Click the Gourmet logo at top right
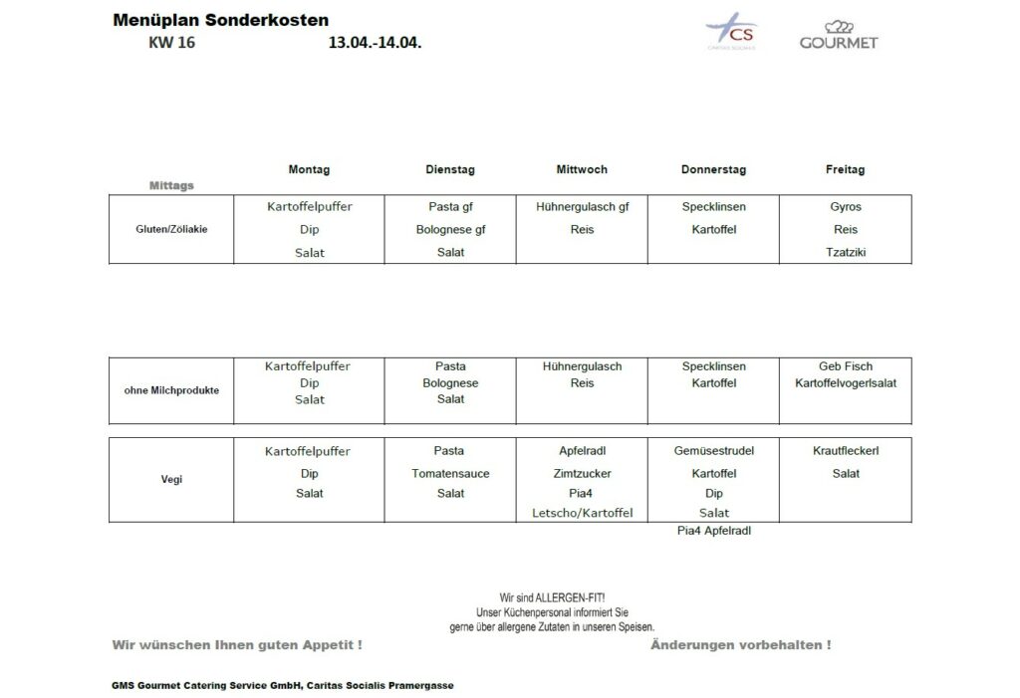point(839,35)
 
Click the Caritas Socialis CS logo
point(732,33)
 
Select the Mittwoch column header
point(582,170)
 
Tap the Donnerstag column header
point(713,170)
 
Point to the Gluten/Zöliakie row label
point(171,229)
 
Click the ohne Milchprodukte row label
point(171,390)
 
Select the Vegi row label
point(171,480)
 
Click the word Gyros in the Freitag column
point(846,207)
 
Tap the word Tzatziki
point(846,252)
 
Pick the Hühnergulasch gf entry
point(582,207)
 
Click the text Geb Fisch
point(846,366)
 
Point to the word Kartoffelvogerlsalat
point(846,383)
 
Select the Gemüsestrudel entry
point(713,451)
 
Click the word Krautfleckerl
point(846,451)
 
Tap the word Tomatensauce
point(450,474)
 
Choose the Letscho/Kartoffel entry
point(582,513)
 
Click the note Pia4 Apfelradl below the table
point(713,531)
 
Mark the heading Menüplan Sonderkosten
point(221,20)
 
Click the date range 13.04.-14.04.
point(375,43)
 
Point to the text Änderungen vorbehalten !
point(740,645)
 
